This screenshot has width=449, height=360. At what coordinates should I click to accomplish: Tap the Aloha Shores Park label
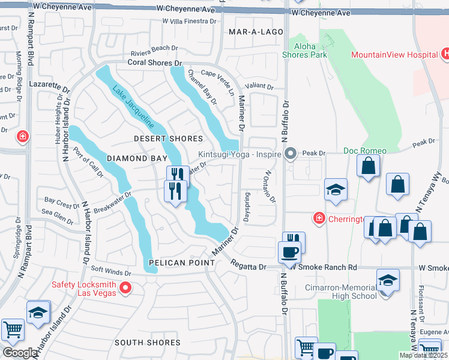point(305,50)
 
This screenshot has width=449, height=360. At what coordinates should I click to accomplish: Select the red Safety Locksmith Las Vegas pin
point(125,289)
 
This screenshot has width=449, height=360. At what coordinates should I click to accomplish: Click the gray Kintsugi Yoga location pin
point(291,154)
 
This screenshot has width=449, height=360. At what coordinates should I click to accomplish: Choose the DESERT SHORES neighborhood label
point(168,139)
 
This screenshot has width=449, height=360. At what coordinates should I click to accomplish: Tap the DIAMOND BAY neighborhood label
point(135,158)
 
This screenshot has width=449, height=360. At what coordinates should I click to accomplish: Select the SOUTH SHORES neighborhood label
point(148,343)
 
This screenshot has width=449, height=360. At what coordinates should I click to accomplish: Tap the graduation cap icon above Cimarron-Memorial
point(388,280)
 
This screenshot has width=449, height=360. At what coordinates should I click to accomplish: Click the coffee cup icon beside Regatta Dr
point(289,251)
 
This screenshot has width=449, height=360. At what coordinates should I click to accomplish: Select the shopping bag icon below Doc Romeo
point(368,165)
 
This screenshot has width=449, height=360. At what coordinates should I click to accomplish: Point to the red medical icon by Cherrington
point(318,218)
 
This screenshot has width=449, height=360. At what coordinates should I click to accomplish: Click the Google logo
point(20,353)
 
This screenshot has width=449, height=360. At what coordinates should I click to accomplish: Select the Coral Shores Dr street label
point(154,62)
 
